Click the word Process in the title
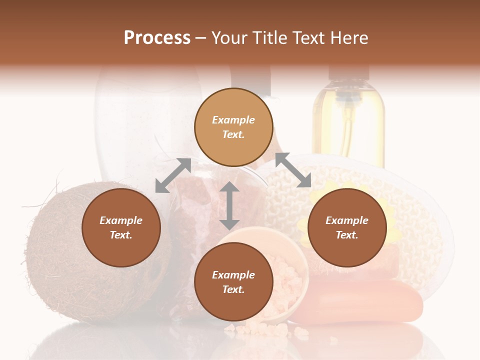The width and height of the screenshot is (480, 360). click(x=157, y=38)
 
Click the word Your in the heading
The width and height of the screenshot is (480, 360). click(x=230, y=38)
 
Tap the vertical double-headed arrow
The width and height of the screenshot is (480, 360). click(x=229, y=206)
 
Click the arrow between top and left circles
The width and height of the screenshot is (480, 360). click(x=173, y=175)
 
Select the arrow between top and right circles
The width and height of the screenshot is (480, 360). click(x=293, y=170)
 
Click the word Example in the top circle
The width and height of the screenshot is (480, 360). click(x=233, y=120)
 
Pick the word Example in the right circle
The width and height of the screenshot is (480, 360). click(x=347, y=220)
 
